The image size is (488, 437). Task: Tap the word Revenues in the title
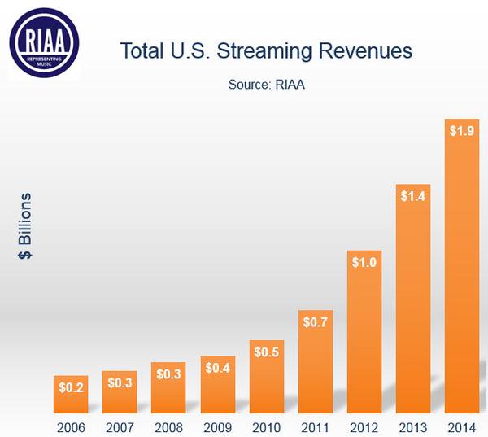368,51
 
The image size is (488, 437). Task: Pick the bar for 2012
364,334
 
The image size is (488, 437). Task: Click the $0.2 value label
71,387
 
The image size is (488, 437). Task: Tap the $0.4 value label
217,367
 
